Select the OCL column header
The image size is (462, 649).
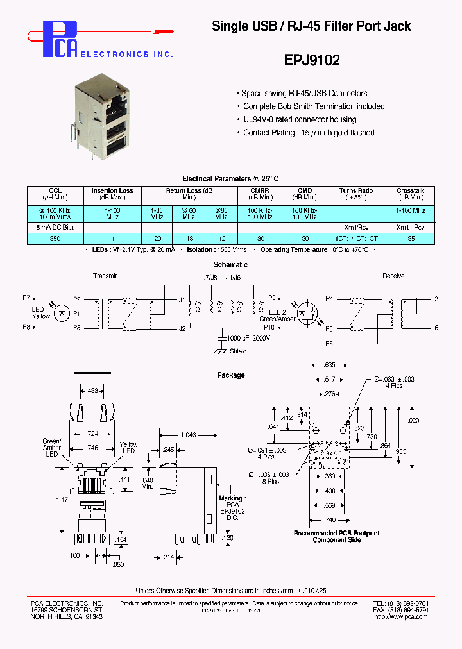(56, 190)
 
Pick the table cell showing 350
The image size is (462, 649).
(56, 238)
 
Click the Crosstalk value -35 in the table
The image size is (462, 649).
(410, 238)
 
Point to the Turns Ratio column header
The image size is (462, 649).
(356, 190)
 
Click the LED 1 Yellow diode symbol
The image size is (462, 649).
(62, 313)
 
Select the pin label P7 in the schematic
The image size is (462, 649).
(26, 298)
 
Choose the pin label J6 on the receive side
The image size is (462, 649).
(434, 328)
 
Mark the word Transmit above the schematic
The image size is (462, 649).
(105, 276)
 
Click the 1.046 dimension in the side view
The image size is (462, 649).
(189, 435)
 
